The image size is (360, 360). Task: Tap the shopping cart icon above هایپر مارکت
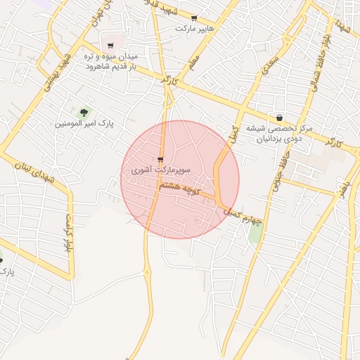195,18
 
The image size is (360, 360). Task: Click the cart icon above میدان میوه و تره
111,45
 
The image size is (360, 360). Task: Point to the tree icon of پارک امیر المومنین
84,112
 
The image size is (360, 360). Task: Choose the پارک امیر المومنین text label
84,124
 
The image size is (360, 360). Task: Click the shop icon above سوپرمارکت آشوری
161,160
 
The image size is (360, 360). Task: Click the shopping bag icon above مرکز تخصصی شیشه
281,117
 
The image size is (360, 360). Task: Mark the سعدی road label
269,67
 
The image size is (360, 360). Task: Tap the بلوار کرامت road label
69,235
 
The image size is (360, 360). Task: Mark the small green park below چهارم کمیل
255,231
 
